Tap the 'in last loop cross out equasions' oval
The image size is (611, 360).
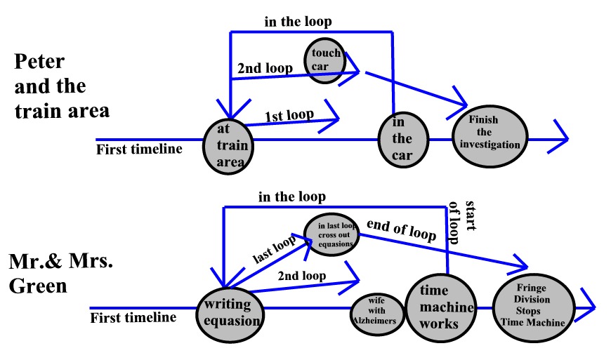[x=331, y=235]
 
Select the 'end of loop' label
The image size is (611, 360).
[x=402, y=233]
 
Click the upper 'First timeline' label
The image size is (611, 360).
[x=139, y=148]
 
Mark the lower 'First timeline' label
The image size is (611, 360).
[x=133, y=317]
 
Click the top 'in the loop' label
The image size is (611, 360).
[x=298, y=22]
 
